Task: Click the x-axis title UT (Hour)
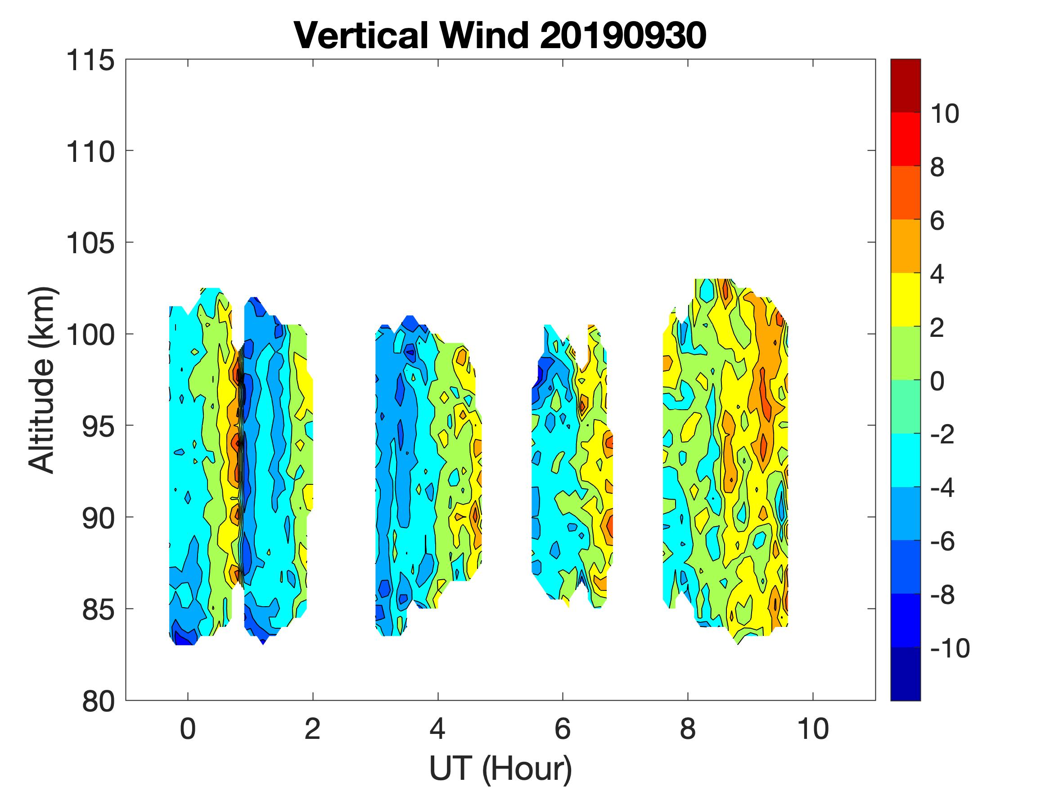click(500, 768)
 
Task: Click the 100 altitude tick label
click(90, 335)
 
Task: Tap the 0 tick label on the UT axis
click(188, 729)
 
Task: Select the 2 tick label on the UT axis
click(312, 729)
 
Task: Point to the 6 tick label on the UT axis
click(563, 729)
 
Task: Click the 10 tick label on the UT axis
click(813, 729)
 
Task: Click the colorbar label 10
click(944, 114)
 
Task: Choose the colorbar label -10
click(949, 648)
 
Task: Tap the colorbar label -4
click(942, 487)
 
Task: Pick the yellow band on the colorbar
click(905, 300)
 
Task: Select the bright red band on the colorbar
click(905, 139)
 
